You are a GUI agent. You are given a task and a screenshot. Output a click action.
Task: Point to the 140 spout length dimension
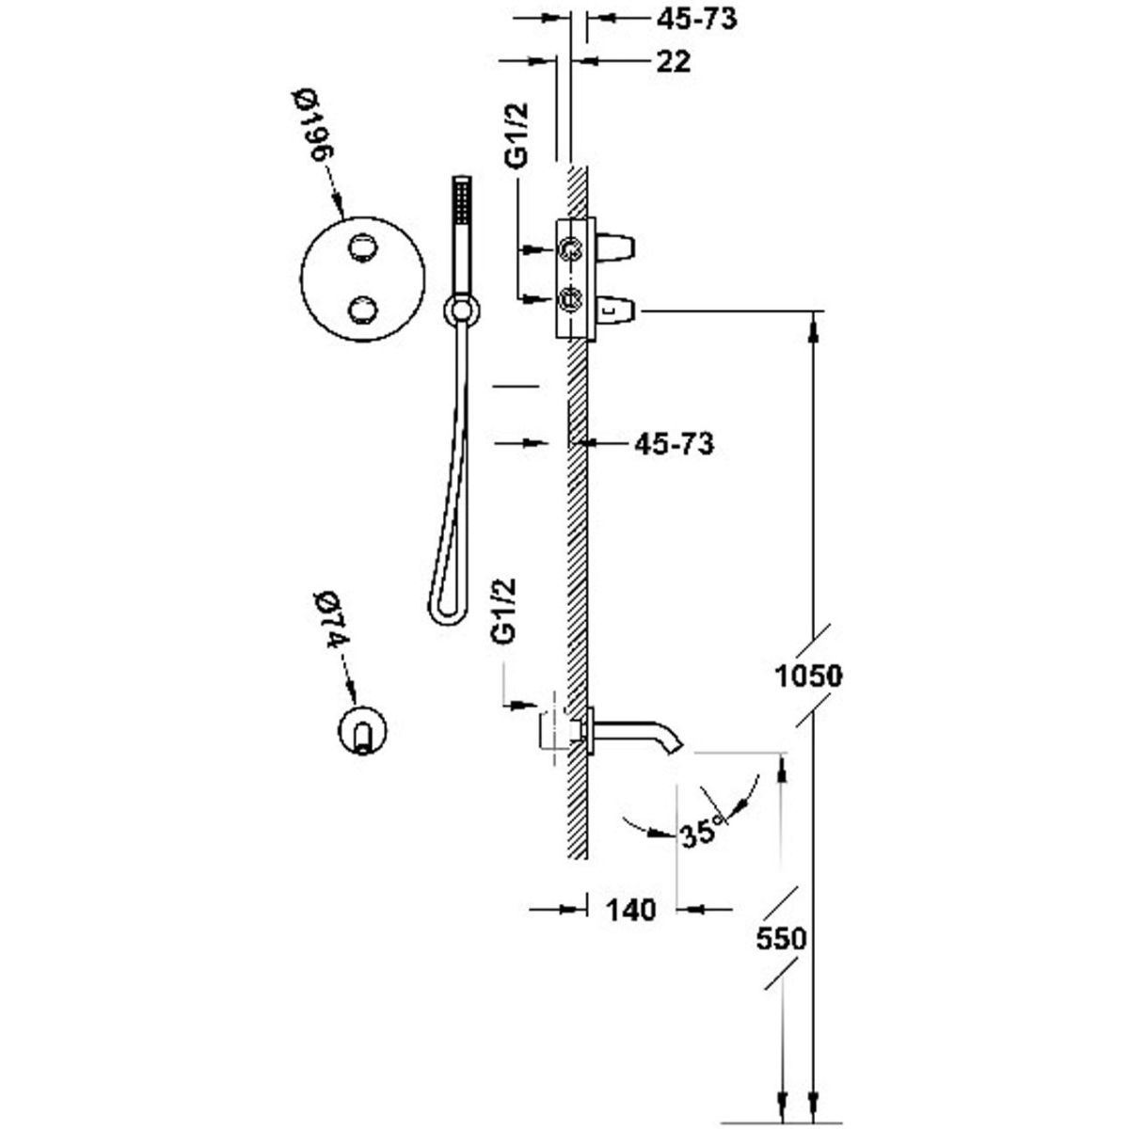(x=629, y=910)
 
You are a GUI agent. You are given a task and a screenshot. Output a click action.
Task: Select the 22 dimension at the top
(x=673, y=61)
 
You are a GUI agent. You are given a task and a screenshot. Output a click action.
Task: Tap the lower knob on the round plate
(x=362, y=309)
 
